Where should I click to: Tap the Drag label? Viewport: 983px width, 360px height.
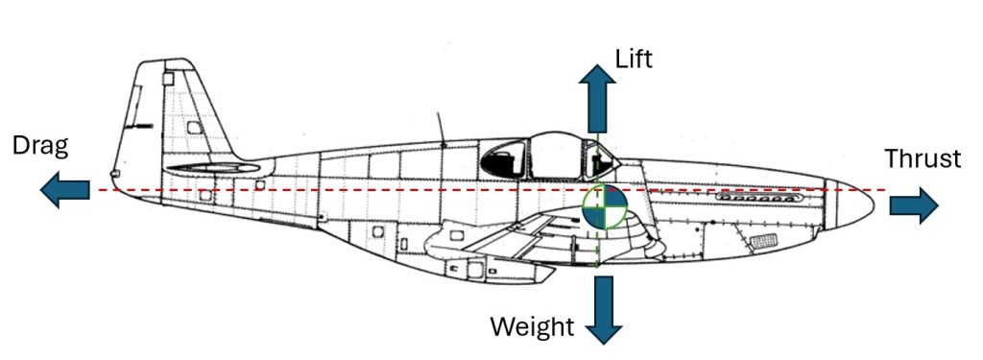40,147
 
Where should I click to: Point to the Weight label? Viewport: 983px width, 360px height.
532,326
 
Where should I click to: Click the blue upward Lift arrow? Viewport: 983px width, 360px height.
596,98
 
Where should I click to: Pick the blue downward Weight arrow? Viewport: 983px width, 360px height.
604,310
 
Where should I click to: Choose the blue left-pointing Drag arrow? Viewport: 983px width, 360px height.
64,189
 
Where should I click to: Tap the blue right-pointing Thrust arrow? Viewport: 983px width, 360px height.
914,205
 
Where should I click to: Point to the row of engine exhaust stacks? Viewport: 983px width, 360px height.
758,198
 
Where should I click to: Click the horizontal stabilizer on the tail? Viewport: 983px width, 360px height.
213,167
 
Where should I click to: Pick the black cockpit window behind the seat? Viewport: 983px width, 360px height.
503,159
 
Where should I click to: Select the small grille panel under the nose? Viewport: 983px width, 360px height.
763,240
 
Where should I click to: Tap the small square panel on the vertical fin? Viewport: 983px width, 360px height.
168,79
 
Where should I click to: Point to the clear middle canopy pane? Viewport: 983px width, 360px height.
556,156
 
